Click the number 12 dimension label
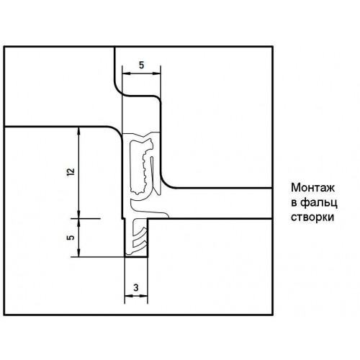71,172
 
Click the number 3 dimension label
136,287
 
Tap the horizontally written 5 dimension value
141,65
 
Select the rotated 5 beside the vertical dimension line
71,238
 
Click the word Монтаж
312,188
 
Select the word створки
312,217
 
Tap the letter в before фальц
294,203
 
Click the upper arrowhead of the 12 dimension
78,131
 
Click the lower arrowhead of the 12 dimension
78,215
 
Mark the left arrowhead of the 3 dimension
129,296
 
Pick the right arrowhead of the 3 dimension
143,296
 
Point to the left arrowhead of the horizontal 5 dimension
126,73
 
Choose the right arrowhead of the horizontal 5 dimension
156,73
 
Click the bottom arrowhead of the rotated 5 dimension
78,253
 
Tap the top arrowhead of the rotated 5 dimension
78,222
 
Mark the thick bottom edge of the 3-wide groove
136,257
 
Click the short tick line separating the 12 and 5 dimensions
86,219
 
